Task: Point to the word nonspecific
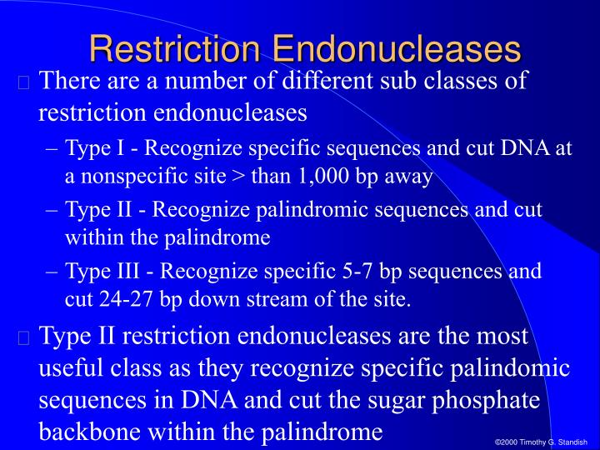[157, 177]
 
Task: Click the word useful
[73, 368]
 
